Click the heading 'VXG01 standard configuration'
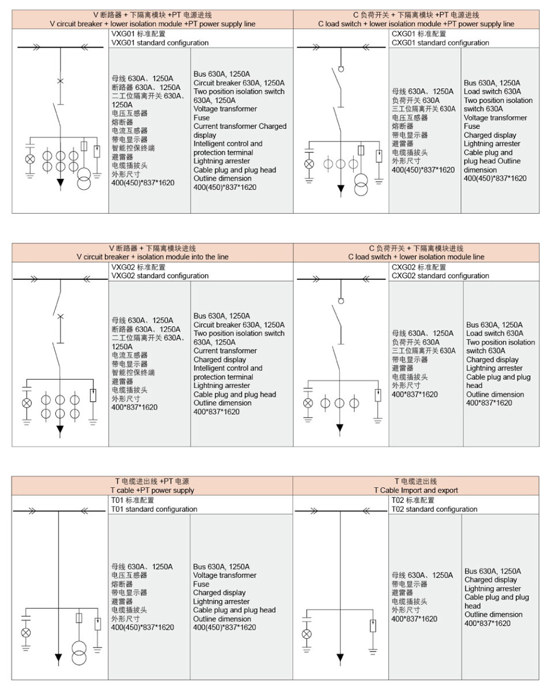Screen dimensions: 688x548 click(x=160, y=43)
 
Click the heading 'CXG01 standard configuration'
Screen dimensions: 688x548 click(x=440, y=43)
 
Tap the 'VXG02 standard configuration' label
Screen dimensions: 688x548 click(x=160, y=276)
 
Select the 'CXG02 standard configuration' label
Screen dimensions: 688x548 click(x=440, y=276)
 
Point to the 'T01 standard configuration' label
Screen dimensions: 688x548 click(x=154, y=509)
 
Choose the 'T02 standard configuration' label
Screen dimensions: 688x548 click(x=434, y=509)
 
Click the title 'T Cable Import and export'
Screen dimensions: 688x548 click(x=415, y=490)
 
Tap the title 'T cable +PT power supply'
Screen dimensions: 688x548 click(x=152, y=490)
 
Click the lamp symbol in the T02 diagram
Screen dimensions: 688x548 click(x=307, y=634)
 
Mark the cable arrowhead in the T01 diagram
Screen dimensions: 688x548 click(x=59, y=657)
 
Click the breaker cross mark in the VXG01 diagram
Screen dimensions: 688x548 click(x=60, y=81)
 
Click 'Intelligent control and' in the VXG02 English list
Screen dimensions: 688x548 click(x=227, y=368)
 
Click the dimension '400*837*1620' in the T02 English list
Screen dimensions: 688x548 click(x=487, y=623)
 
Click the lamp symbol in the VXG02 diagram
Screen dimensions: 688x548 click(x=27, y=402)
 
